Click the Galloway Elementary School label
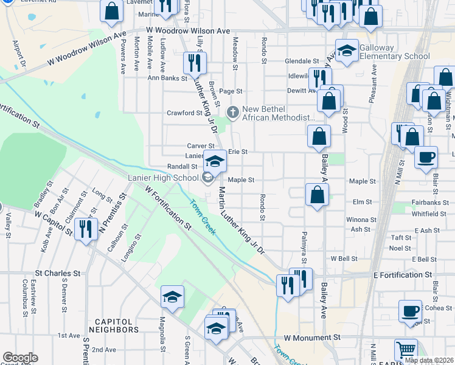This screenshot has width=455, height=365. [x=385, y=52]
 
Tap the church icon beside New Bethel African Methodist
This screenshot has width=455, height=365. [x=232, y=113]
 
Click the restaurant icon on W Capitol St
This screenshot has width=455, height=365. [x=85, y=230]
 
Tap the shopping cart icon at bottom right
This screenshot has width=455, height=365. [x=406, y=350]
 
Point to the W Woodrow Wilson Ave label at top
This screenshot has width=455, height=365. [x=187, y=30]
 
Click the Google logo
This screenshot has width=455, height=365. [x=20, y=358]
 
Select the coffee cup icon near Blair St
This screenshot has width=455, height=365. [x=426, y=158]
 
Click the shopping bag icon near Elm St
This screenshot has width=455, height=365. [x=317, y=196]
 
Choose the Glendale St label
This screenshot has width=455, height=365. [x=302, y=61]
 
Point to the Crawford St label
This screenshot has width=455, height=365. [x=184, y=113]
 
